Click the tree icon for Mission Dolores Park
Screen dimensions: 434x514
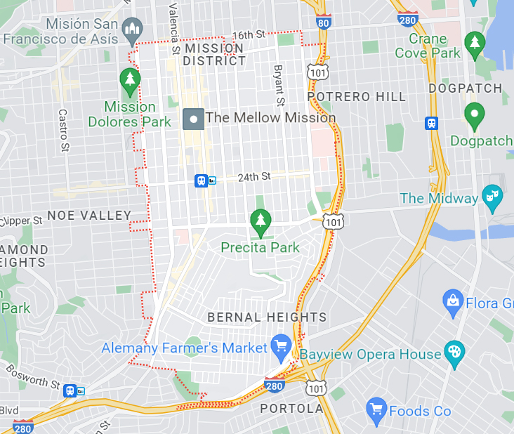[x=130, y=81]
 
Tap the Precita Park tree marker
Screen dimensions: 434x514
[x=261, y=221]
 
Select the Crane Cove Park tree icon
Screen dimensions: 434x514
[x=475, y=44]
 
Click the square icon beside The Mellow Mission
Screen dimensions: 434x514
[x=193, y=119]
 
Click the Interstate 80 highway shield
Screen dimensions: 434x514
[x=323, y=22]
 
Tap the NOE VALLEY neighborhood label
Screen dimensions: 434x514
[x=89, y=215]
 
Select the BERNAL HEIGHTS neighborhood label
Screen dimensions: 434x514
[x=267, y=317]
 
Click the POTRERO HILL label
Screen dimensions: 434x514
[x=356, y=96]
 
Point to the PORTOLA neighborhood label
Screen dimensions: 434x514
[x=291, y=408]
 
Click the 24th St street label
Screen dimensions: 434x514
[x=253, y=177]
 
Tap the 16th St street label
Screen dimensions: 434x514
[x=249, y=34]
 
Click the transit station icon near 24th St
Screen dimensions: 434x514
[x=201, y=180]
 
